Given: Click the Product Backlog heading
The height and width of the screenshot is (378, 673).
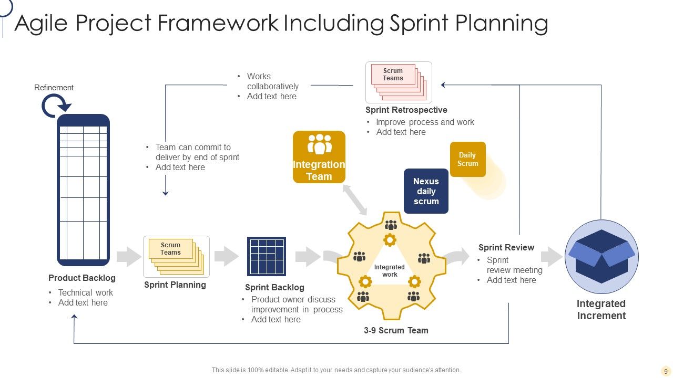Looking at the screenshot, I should (81, 278).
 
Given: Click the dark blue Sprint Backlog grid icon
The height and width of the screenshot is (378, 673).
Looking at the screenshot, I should (267, 256).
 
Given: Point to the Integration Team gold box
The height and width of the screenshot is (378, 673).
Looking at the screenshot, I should (319, 157).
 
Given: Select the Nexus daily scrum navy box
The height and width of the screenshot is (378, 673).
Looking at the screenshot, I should (426, 191).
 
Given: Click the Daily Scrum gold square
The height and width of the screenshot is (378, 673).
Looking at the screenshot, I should (467, 159).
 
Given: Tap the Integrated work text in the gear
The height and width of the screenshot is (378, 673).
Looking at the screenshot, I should (390, 271).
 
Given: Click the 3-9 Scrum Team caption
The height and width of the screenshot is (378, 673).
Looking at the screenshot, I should (396, 330).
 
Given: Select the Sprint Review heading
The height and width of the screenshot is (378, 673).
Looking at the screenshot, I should (506, 247).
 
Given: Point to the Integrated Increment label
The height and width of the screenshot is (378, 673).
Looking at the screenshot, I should (601, 310).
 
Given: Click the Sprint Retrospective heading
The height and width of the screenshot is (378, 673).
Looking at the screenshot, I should (406, 110).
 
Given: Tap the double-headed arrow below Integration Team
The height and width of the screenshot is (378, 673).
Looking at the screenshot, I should (355, 200).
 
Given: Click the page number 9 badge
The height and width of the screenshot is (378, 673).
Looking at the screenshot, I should (666, 371).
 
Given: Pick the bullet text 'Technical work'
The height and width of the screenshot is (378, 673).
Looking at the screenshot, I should (86, 292).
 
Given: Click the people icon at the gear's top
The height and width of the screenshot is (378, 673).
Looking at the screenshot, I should (391, 225).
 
